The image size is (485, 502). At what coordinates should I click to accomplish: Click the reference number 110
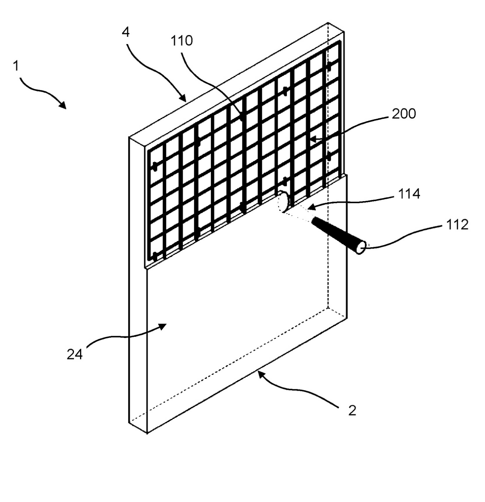pos(182,41)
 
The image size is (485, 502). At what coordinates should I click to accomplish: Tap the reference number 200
pos(404,114)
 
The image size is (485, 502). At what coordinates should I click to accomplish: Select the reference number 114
pos(409,194)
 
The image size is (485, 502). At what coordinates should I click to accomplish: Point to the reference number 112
pos(457,225)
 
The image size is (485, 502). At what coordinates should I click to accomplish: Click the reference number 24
pos(75,355)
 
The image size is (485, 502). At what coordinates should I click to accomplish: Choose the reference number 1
pos(16,66)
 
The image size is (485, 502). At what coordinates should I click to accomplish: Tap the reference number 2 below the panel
pos(352,410)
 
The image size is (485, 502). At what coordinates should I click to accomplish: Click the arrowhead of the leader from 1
pos(63,105)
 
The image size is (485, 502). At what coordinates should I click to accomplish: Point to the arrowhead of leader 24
pos(162,326)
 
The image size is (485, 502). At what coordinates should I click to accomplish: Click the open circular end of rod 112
pos(361,248)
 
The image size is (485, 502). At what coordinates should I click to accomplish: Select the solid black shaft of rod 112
pos(335,233)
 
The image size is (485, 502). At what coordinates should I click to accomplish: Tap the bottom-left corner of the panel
pos(147,433)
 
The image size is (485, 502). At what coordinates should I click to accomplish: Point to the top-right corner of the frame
pos(344,32)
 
